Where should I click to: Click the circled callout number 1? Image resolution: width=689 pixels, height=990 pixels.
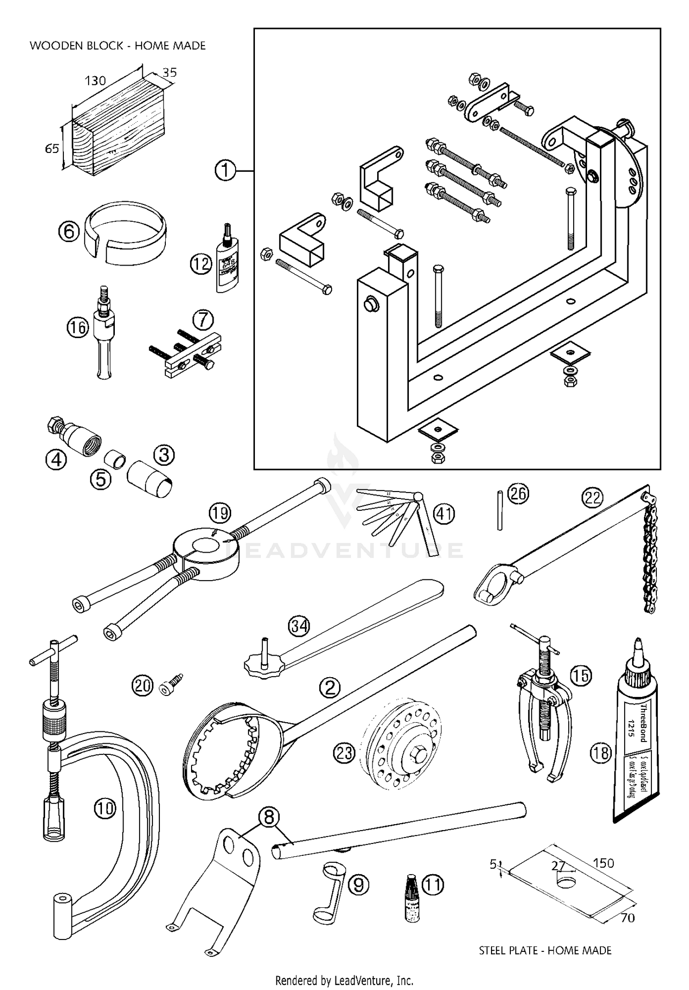(x=225, y=171)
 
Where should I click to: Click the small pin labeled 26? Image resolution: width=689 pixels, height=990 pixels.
(x=500, y=510)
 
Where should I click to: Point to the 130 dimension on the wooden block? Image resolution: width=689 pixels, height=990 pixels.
(x=95, y=81)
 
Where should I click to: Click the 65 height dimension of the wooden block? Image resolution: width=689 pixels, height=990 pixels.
(x=51, y=149)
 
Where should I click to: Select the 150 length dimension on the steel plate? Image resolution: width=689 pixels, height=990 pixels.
(x=603, y=863)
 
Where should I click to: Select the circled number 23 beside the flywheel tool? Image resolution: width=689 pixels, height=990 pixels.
(x=344, y=752)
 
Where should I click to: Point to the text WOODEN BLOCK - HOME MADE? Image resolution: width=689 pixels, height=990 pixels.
(x=118, y=45)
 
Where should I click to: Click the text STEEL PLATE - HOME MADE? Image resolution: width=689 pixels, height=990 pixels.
(x=545, y=950)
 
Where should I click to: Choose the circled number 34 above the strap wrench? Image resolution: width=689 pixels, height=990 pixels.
(x=299, y=626)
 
